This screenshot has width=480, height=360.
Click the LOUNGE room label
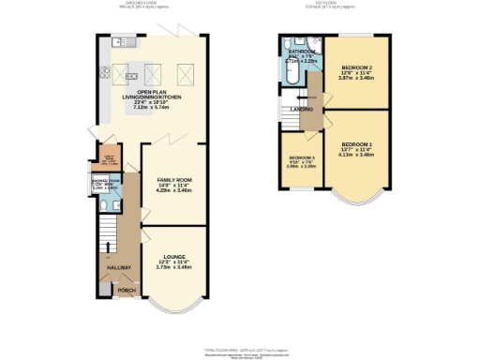pos(173,256)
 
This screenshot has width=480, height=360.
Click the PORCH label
pos(126,290)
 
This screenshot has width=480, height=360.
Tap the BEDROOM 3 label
pos(302,157)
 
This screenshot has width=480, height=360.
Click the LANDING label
pos(302,110)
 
